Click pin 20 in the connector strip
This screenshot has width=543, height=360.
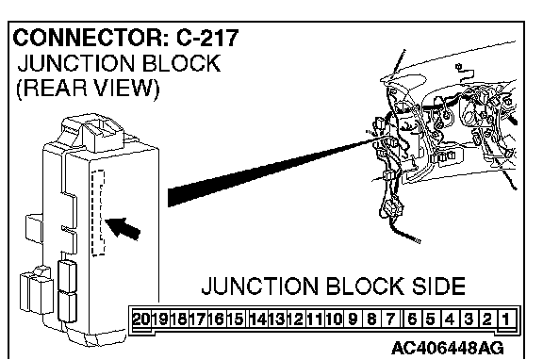pos(142,319)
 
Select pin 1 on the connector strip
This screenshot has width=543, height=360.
pos(506,319)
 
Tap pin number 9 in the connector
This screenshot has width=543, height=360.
pos(353,319)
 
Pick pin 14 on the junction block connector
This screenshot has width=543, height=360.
pos(258,319)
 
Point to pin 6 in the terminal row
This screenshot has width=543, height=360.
pos(412,319)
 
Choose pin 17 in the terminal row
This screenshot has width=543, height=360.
pos(198,319)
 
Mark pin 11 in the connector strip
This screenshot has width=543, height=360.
pos(315,319)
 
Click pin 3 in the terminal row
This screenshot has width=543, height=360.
pos(469,319)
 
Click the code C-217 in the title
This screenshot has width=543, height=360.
pos(207,38)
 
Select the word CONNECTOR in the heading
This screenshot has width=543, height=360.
pos(89,38)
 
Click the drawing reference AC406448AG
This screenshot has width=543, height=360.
pos(448,348)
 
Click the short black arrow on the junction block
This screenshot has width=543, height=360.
pos(123,228)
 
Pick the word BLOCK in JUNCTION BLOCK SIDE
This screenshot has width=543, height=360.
pos(364,286)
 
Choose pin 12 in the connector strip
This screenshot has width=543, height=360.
pos(296,319)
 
